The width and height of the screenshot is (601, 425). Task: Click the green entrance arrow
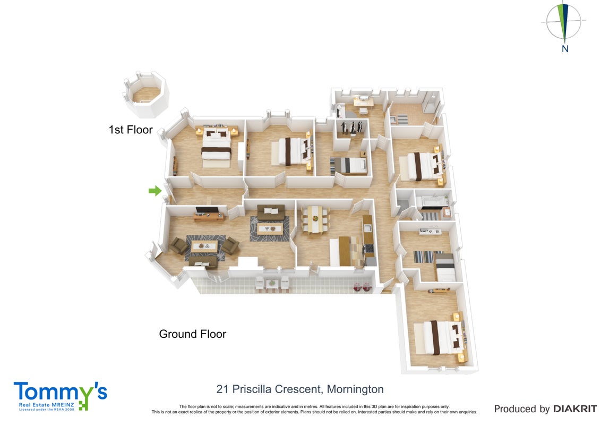click(x=155, y=191)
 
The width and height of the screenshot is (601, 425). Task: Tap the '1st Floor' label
click(x=131, y=130)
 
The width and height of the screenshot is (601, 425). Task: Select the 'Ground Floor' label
click(x=192, y=334)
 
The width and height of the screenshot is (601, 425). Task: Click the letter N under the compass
click(x=564, y=49)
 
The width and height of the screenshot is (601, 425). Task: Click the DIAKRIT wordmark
click(x=575, y=409)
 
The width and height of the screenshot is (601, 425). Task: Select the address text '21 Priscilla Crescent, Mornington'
click(x=300, y=389)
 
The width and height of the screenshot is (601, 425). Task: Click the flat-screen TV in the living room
click(x=207, y=210)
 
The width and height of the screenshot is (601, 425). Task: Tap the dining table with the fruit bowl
click(x=315, y=219)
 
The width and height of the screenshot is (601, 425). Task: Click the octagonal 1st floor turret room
click(x=146, y=95)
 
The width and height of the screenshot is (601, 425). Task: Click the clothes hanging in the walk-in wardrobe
click(x=351, y=127)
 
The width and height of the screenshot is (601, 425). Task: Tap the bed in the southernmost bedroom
click(x=441, y=337)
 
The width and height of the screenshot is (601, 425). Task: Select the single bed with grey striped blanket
click(x=349, y=165)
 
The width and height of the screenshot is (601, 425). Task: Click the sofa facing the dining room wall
click(x=271, y=212)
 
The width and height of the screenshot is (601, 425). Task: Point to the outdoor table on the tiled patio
click(x=272, y=284)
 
